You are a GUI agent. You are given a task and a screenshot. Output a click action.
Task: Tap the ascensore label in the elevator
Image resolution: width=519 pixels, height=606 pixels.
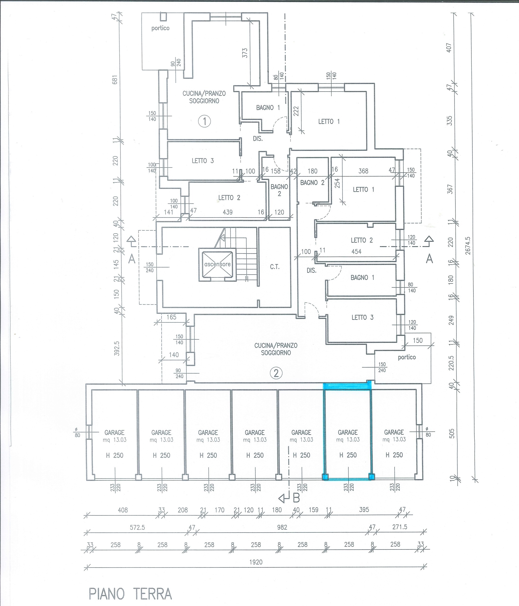(x=217, y=264)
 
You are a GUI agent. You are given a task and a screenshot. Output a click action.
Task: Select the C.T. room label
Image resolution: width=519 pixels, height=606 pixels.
(x=275, y=267)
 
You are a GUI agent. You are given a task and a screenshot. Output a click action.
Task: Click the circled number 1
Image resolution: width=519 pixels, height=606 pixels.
(x=205, y=121)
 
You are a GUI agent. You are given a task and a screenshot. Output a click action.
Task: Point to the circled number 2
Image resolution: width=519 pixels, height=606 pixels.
(x=276, y=373)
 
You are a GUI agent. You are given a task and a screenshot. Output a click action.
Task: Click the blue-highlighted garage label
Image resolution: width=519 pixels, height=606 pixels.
(x=348, y=432)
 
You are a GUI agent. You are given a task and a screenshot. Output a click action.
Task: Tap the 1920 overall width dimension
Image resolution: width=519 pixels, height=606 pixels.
(x=256, y=562)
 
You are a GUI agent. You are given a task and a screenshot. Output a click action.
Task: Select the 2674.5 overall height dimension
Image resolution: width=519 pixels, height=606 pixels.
(x=468, y=246)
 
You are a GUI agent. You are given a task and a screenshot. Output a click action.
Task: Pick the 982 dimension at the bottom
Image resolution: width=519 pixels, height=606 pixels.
(x=282, y=527)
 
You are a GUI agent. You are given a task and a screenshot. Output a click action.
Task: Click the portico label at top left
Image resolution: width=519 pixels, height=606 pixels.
(x=160, y=28)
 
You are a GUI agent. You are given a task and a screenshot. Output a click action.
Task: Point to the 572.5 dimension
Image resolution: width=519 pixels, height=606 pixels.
(x=137, y=527)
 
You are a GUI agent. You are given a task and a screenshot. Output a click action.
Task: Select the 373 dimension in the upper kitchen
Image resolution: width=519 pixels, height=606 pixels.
(x=245, y=53)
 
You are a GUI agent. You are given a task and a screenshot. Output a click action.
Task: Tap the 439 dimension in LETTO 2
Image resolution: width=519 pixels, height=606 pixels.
(x=228, y=212)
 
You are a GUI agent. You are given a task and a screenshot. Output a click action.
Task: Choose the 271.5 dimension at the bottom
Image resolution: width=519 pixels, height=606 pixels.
(x=400, y=527)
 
